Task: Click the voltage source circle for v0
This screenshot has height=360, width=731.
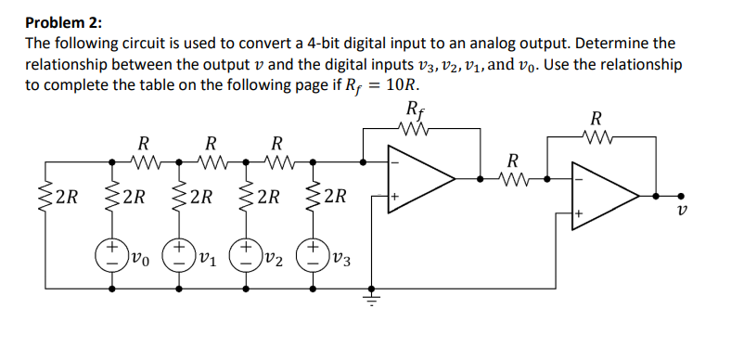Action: click(x=111, y=252)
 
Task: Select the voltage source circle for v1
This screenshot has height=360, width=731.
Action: click(x=178, y=252)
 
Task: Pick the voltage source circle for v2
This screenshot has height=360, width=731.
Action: click(x=247, y=252)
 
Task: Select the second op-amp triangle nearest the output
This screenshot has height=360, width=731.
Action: click(x=606, y=193)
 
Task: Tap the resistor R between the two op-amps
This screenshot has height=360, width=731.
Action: click(x=514, y=174)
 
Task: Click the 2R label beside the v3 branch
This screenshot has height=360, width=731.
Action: click(x=336, y=197)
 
